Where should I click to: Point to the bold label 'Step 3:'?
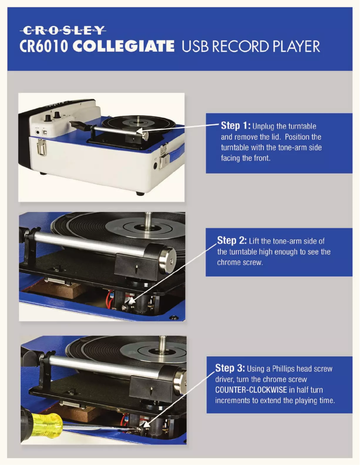(230, 369)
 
